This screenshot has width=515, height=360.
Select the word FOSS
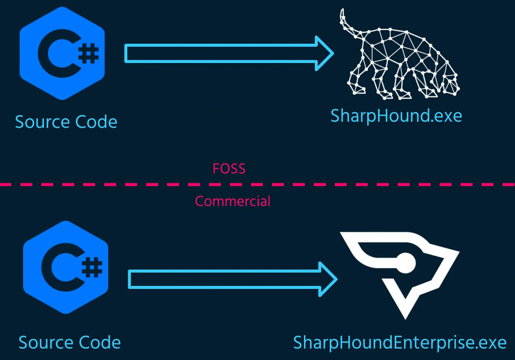[x=229, y=169]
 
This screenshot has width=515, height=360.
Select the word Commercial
[x=232, y=202]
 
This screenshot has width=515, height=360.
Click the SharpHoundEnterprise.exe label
[x=400, y=343]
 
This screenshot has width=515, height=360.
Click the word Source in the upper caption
[x=42, y=122]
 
